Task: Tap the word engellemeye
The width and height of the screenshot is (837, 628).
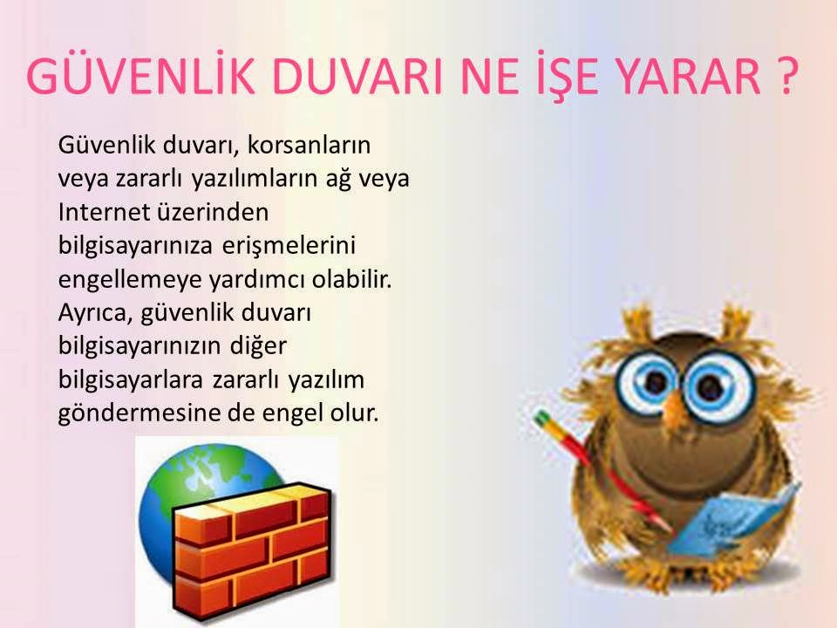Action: click(x=127, y=278)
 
